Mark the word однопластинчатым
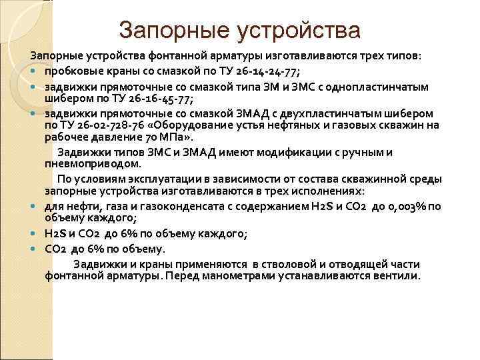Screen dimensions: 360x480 [x=386, y=87]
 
